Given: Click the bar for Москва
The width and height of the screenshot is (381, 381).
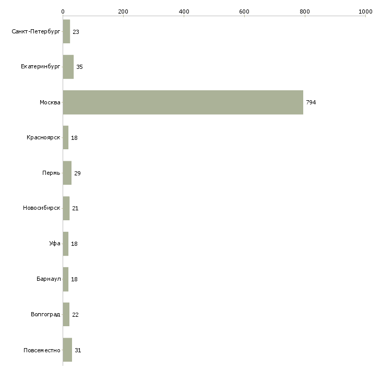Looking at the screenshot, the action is point(183,102).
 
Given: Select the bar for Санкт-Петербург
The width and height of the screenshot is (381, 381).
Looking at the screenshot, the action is point(66,32).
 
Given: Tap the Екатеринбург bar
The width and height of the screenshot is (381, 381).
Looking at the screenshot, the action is point(68,67).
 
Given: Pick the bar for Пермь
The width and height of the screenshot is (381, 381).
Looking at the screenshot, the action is point(67,173).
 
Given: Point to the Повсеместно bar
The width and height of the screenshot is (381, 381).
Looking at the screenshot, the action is point(67,350).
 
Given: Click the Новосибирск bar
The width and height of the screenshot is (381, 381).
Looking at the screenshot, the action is point(66,208).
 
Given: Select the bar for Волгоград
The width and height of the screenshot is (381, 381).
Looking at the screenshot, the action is point(66,314).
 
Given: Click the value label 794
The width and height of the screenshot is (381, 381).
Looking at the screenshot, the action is point(311,102).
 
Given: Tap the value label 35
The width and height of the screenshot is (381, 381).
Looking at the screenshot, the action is point(79,67).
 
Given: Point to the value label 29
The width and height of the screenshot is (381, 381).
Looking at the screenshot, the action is point(77,173).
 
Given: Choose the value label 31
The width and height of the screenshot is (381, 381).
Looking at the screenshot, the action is point(78,350).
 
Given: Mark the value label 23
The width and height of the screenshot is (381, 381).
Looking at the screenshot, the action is point(76,32).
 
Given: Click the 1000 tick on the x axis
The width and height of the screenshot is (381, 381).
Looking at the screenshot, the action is point(365,11).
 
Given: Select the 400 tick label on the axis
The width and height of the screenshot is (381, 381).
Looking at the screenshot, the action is point(184,11).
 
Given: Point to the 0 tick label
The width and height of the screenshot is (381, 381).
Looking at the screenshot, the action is point(63,11).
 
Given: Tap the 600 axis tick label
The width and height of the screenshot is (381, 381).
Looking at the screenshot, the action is point(244,11).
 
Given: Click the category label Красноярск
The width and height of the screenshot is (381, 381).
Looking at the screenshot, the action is point(43,138).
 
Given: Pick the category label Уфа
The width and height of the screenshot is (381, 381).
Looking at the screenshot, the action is point(55,243).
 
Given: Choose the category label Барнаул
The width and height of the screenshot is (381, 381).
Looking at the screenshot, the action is point(49,279).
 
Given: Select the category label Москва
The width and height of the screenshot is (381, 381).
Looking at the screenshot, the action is point(50,102).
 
